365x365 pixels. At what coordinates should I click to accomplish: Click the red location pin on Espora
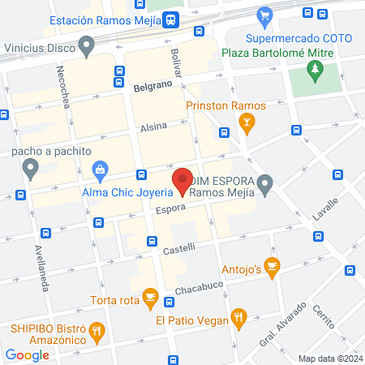pos(182,180)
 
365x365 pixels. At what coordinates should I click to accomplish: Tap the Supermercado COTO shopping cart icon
pos(264,15)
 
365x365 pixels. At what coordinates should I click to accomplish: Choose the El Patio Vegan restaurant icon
pos(238,316)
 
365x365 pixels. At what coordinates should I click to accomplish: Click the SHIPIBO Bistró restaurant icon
pos(97,330)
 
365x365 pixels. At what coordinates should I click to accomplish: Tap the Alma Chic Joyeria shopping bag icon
pos(101,170)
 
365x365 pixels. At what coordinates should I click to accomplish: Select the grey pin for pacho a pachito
pos(31,170)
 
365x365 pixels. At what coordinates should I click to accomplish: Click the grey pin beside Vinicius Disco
pos(84,46)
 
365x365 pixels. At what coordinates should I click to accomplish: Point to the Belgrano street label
pos(152,84)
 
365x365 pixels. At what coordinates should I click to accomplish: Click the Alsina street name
pos(153,128)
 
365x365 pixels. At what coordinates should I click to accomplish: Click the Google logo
pos(27,354)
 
